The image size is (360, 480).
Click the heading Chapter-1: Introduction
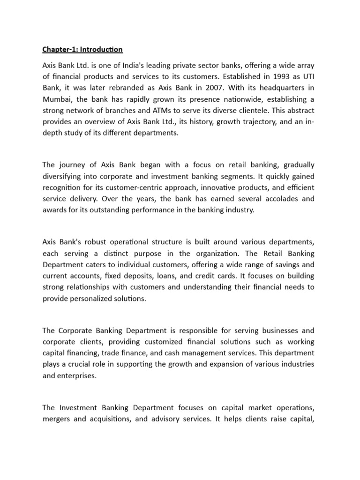click(82, 49)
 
